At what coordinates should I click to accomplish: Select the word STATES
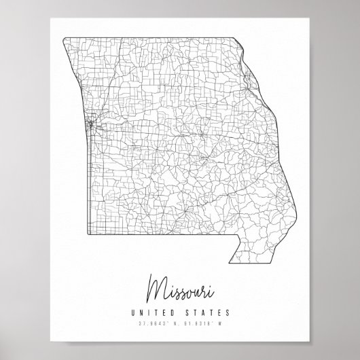(207, 313)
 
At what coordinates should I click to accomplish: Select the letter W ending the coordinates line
(227, 323)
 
